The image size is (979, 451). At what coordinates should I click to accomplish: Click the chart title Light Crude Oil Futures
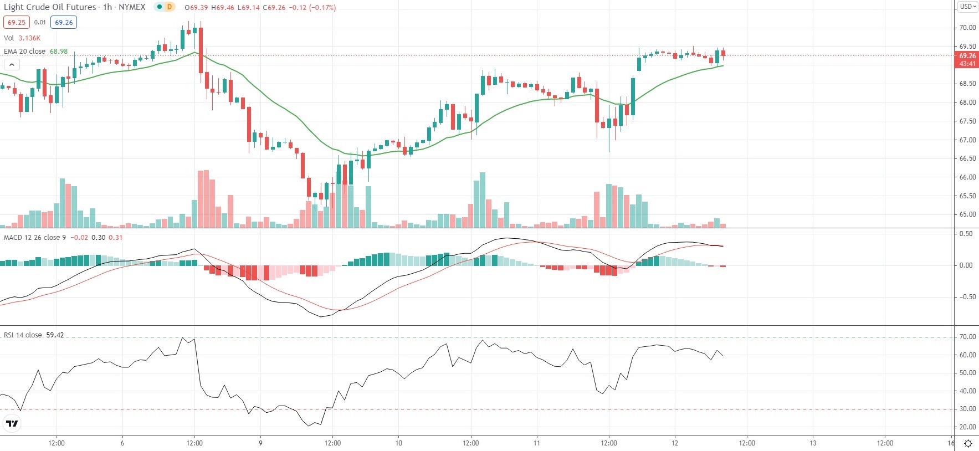(x=50, y=7)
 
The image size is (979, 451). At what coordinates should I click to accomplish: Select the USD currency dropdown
(x=968, y=7)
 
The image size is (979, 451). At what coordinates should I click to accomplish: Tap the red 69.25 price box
(x=17, y=23)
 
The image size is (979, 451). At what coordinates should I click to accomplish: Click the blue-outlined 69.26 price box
(x=64, y=23)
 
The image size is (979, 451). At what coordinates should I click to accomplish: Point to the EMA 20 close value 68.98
(x=59, y=52)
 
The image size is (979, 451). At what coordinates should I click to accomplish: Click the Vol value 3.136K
(x=29, y=38)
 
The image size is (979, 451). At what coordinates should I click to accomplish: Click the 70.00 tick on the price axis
(x=967, y=28)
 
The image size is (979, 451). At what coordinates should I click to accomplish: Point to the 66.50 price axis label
(x=967, y=158)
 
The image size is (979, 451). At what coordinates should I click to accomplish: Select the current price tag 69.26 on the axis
(x=967, y=56)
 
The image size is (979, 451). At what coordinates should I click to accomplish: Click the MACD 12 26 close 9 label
(x=35, y=238)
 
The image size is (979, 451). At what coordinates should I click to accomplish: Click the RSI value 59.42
(x=55, y=335)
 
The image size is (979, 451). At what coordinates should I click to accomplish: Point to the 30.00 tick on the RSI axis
(x=967, y=409)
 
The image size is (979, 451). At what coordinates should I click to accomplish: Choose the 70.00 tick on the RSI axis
(x=967, y=337)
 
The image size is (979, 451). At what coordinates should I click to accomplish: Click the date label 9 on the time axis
(x=260, y=443)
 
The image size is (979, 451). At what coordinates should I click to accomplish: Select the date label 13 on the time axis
(x=813, y=443)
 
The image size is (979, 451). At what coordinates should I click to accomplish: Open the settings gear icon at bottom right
(x=968, y=443)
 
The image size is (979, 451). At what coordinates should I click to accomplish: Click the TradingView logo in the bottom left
(x=12, y=424)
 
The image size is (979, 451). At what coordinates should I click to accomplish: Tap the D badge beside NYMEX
(x=169, y=7)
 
